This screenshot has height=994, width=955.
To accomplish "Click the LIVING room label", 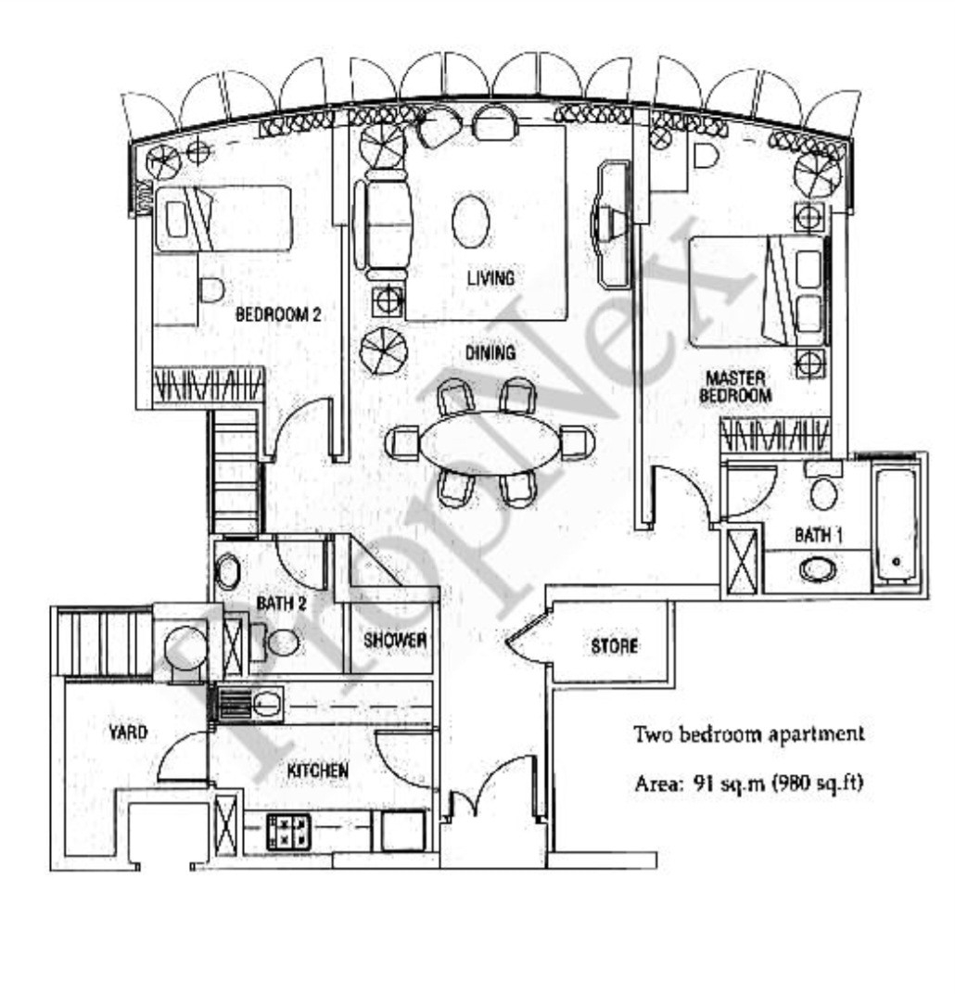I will pyautogui.click(x=490, y=277).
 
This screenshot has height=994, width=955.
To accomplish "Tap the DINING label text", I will pyautogui.click(x=490, y=352).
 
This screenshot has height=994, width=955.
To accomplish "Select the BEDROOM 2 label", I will pyautogui.click(x=277, y=314).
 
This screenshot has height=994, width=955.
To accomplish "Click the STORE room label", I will pyautogui.click(x=614, y=646).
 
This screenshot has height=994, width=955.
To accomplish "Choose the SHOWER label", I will pyautogui.click(x=395, y=640).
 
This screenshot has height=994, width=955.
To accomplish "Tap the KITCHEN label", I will pyautogui.click(x=318, y=771).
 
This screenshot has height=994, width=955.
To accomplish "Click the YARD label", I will pyautogui.click(x=127, y=733).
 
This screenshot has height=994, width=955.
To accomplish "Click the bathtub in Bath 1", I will pyautogui.click(x=896, y=525).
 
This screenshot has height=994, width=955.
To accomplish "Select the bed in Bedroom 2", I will pyautogui.click(x=223, y=218).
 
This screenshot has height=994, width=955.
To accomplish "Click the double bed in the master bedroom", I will pyautogui.click(x=757, y=290).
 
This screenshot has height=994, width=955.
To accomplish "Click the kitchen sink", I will pyautogui.click(x=266, y=705).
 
